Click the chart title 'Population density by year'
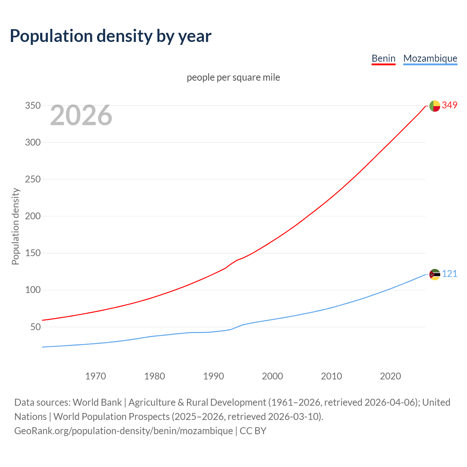tap(111, 36)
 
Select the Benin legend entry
tap(383, 58)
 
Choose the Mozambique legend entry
tap(430, 58)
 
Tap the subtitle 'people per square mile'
tap(233, 77)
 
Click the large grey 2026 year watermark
tap(81, 115)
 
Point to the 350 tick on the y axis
tap(32, 106)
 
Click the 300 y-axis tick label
tap(32, 143)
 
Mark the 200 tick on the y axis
tap(32, 216)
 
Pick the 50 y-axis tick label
tap(35, 327)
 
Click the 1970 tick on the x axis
tap(96, 376)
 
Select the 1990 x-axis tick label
tap(213, 376)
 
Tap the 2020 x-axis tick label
tap(390, 376)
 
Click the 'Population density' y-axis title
tap(15, 226)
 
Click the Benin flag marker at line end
tap(435, 106)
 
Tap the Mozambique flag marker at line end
tap(435, 274)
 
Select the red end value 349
tap(449, 105)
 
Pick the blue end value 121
tap(449, 274)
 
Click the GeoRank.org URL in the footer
tap(123, 431)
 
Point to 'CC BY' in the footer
tap(253, 431)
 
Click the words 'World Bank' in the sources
tap(97, 402)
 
